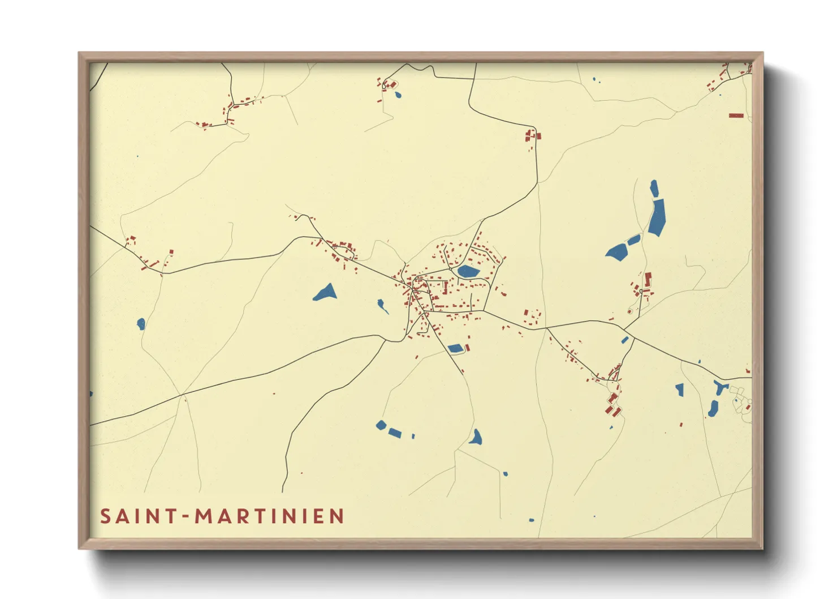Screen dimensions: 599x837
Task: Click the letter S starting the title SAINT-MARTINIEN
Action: [105, 516]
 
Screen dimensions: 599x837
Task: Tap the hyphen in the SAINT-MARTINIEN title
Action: [184, 516]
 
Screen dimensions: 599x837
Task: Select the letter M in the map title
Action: [204, 516]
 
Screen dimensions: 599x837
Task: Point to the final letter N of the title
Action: [337, 516]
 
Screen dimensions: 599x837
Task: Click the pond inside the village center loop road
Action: [468, 271]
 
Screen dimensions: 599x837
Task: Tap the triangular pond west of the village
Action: [326, 293]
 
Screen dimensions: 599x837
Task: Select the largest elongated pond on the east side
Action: [657, 217]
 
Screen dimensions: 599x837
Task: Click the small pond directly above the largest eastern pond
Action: [654, 188]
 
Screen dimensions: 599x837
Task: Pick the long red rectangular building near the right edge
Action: [736, 115]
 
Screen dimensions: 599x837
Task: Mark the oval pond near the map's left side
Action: [141, 324]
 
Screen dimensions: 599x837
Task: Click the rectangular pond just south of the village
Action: [455, 349]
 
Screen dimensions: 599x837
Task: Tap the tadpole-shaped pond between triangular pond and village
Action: [383, 306]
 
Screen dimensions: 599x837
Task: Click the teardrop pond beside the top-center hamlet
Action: [398, 95]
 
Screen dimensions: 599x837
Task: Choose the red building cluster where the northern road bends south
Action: [532, 136]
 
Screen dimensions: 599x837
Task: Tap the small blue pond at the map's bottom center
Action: [531, 520]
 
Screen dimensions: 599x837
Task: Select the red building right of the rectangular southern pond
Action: [467, 347]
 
